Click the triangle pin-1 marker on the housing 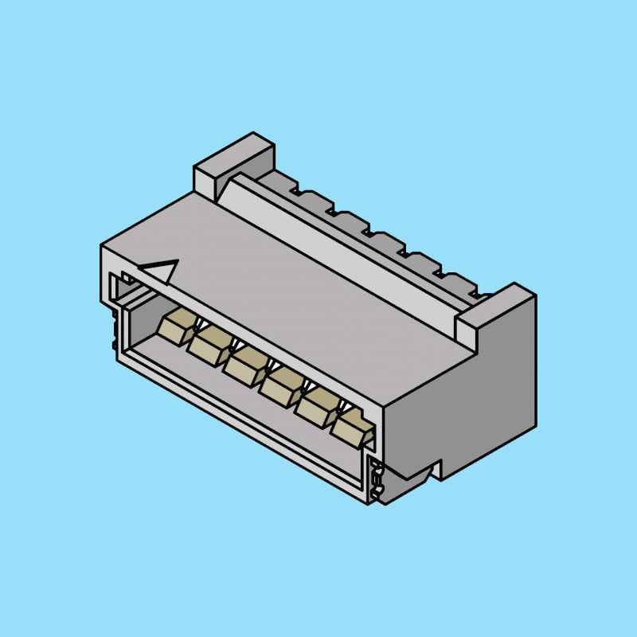click(162, 271)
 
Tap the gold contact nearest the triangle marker click(176, 326)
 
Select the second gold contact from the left click(209, 343)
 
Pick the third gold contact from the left click(244, 361)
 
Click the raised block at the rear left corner click(231, 159)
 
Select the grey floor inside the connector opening click(239, 398)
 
